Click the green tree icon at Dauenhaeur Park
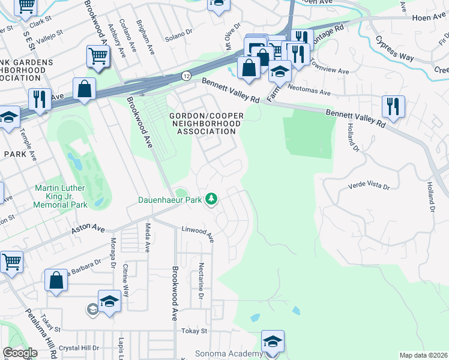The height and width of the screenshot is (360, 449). tap(211, 198)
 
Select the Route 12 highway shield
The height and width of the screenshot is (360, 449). tap(187, 76)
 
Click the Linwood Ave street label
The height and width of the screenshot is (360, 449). tap(198, 232)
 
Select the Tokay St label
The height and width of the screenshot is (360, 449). tap(194, 331)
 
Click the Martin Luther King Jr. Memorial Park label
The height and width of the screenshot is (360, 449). tap(61, 196)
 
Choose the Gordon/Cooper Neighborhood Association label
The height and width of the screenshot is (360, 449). tap(206, 123)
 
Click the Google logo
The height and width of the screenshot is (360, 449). tap(20, 353)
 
